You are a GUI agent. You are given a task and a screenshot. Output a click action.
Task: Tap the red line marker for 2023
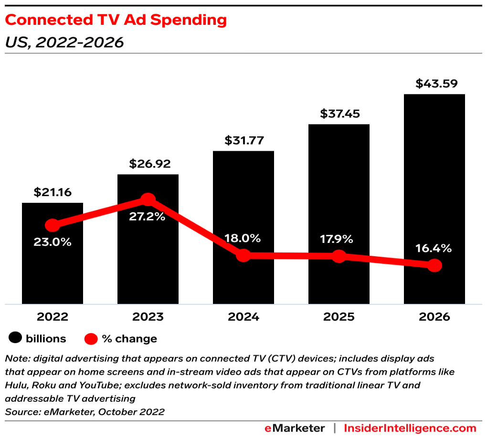pos(148,199)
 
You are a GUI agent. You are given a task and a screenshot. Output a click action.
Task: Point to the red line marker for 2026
pos(434,266)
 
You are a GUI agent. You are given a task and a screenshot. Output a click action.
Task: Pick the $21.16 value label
pos(53,192)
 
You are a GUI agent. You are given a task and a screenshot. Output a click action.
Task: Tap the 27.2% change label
pos(147,216)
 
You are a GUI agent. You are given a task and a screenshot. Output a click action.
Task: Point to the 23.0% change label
pos(53,242)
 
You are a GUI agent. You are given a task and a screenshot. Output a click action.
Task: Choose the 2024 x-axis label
pos(243,317)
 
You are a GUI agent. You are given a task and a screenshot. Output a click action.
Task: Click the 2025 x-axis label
pos(339,317)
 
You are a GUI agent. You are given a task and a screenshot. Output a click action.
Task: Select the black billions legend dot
pos(16,338)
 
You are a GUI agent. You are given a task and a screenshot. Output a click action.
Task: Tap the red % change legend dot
pos(91,339)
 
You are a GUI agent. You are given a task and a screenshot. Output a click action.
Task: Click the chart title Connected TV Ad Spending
pos(116,20)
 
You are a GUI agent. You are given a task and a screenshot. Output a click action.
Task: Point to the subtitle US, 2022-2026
pos(64,42)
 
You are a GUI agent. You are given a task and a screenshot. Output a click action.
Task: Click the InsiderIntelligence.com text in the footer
pos(410,428)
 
